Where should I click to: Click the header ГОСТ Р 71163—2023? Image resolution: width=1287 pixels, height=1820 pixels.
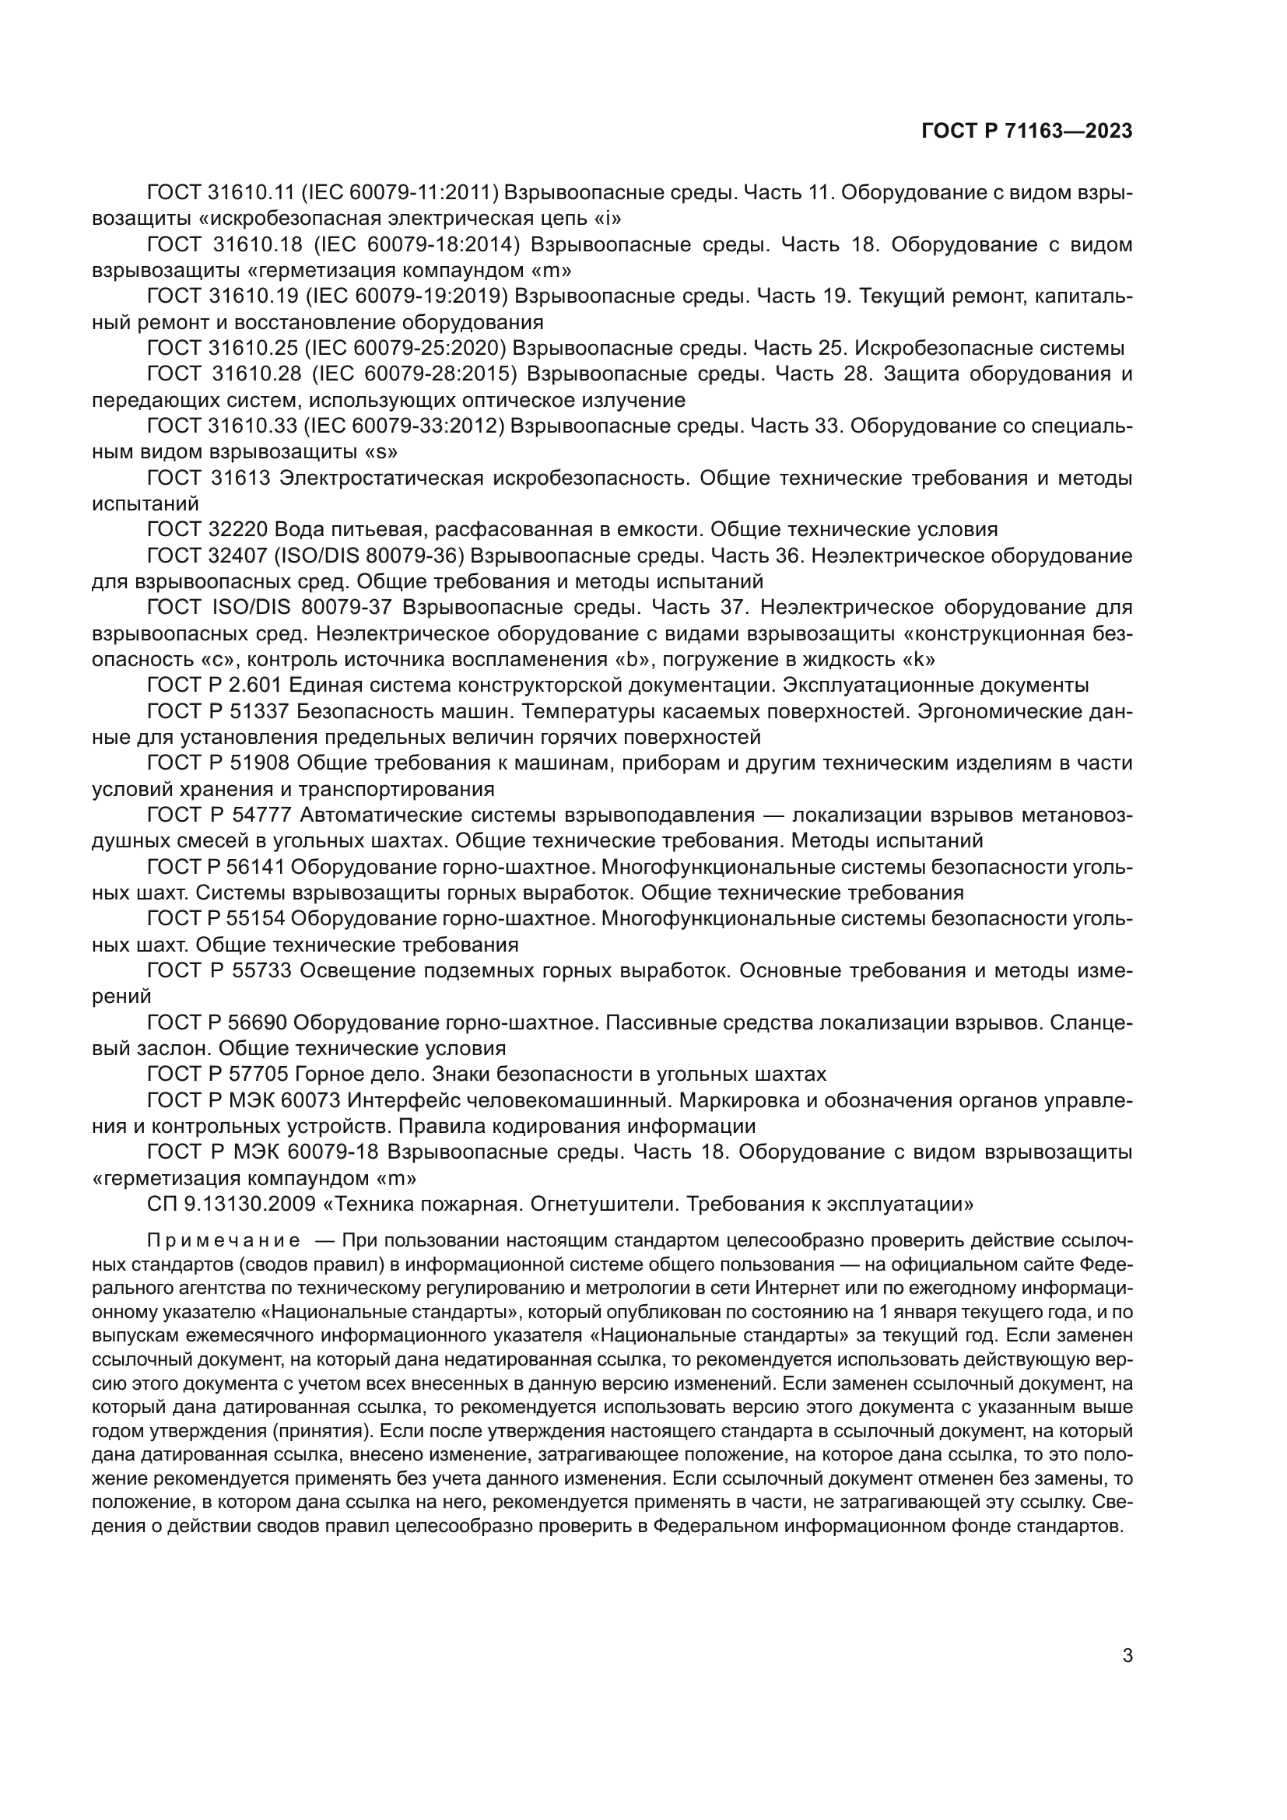(x=1026, y=132)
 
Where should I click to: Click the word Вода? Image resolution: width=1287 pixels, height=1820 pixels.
(x=301, y=530)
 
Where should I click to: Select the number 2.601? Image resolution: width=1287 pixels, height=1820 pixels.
(x=252, y=685)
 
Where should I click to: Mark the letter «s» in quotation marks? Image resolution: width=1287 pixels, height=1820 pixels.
(x=380, y=453)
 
